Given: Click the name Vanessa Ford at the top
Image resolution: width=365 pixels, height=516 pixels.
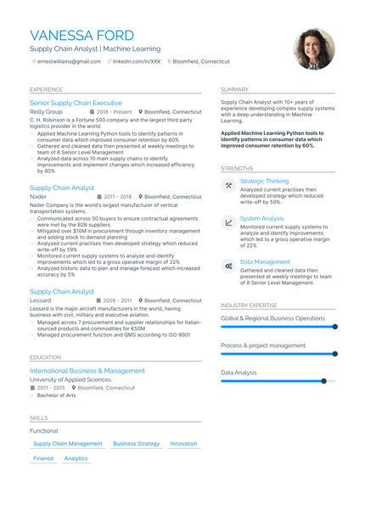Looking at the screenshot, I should (x=81, y=36).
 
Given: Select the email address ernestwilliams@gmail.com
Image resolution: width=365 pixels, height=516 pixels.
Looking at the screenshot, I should (x=68, y=62).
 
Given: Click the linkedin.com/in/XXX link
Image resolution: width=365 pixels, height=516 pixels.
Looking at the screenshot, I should (x=136, y=62).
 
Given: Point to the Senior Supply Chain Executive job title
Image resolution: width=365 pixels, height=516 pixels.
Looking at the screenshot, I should (x=76, y=103).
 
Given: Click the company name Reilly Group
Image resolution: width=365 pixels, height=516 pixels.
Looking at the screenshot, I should (x=46, y=112).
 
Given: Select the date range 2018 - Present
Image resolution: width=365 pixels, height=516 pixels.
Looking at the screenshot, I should (x=115, y=112).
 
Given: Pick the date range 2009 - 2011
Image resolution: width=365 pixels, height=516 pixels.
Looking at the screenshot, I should (x=115, y=300).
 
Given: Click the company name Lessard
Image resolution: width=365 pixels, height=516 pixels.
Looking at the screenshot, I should (x=40, y=300).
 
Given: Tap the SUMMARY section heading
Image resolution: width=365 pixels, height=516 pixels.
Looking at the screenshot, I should (x=234, y=89).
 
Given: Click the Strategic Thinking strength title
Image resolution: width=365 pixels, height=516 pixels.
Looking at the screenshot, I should (x=264, y=181).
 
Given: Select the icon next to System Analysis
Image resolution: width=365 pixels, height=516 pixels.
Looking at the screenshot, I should (x=229, y=222).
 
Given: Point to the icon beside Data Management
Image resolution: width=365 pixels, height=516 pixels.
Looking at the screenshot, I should (x=229, y=266).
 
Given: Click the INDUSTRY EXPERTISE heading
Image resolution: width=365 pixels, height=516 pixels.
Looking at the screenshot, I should (x=249, y=305).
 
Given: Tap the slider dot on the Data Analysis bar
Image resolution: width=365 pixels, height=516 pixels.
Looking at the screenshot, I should (x=323, y=381).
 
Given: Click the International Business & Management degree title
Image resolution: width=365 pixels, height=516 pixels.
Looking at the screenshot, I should (x=87, y=371).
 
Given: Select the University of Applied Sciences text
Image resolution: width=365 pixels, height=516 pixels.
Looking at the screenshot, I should (x=70, y=379).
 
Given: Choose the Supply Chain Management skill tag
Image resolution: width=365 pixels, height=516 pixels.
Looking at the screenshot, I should (x=68, y=444).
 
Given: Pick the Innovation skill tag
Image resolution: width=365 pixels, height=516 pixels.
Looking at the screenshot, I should (x=183, y=444).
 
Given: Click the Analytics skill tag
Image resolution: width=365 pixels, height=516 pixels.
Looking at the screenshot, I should (x=76, y=458).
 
